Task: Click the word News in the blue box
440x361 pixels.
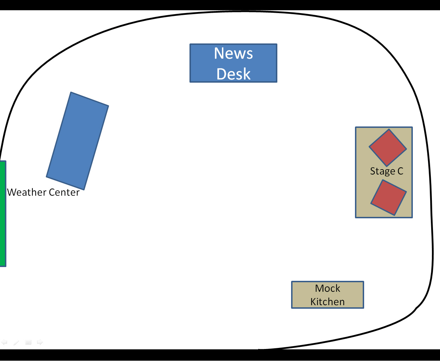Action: pyautogui.click(x=233, y=53)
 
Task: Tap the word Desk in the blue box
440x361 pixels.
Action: pyautogui.click(x=233, y=74)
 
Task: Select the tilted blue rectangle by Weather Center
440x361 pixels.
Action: pyautogui.click(x=77, y=141)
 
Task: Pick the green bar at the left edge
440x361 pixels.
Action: pyautogui.click(x=3, y=214)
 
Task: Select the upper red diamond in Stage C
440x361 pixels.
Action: pyautogui.click(x=388, y=148)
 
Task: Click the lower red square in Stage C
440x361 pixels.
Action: pyautogui.click(x=388, y=197)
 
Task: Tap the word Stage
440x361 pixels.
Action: pyautogui.click(x=382, y=171)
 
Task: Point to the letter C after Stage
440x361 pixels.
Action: pyautogui.click(x=400, y=171)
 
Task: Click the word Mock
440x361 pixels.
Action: pyautogui.click(x=327, y=289)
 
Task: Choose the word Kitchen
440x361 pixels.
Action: pyautogui.click(x=327, y=302)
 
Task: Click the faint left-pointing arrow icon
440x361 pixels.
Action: pyautogui.click(x=4, y=342)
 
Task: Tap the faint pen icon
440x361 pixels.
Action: pyautogui.click(x=16, y=342)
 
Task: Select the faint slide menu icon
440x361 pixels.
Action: pyautogui.click(x=28, y=342)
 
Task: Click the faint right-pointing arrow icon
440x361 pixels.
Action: pyautogui.click(x=40, y=342)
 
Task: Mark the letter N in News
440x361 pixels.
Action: pyautogui.click(x=218, y=53)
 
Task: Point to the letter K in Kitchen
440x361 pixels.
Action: pyautogui.click(x=313, y=302)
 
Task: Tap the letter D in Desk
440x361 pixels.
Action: pyautogui.click(x=221, y=74)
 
